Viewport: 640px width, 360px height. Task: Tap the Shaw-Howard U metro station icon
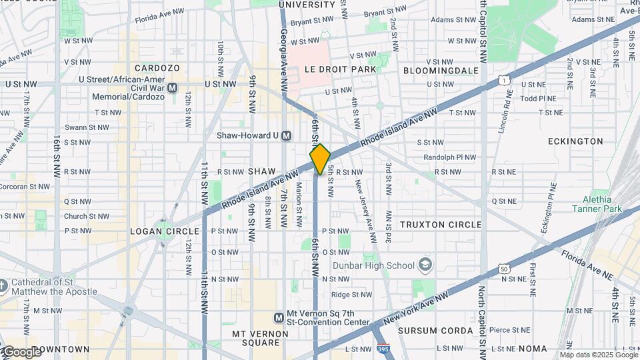click(287, 135)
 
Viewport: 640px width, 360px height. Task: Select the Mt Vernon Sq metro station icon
click(279, 317)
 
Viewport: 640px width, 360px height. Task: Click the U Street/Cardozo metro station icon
click(173, 87)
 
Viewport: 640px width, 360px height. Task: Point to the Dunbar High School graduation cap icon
click(424, 265)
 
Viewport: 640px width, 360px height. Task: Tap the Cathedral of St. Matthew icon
click(3, 286)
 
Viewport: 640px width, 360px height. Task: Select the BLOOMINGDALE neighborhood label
click(441, 70)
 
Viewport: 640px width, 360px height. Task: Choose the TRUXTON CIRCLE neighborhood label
click(440, 225)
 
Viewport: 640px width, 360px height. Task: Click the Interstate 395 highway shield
click(383, 348)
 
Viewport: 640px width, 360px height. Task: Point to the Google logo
click(21, 351)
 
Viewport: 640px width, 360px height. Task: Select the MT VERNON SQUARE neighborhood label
click(256, 338)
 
